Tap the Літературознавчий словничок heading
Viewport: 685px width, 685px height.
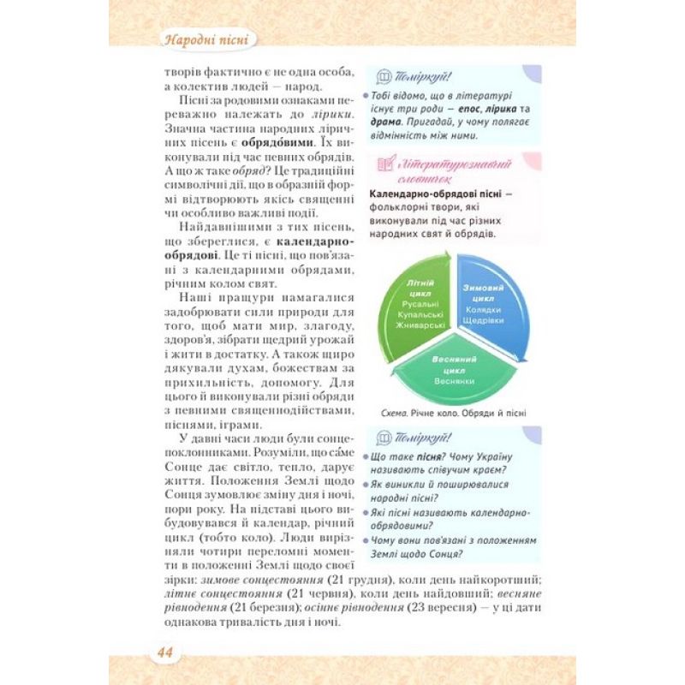pyautogui.click(x=453, y=168)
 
